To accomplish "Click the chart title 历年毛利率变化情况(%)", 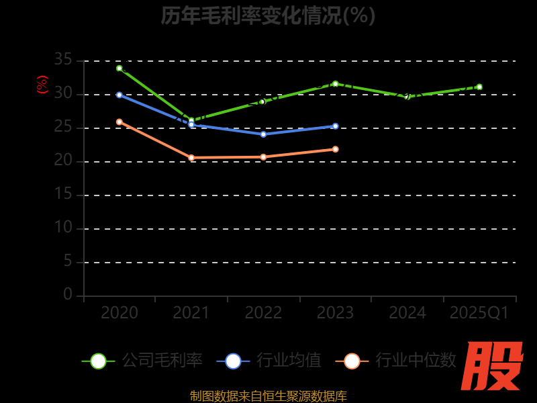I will click(x=268, y=15).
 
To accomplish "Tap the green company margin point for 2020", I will click(x=119, y=68).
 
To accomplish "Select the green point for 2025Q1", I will click(x=479, y=87).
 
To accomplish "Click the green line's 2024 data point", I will click(x=407, y=97).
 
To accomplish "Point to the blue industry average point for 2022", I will click(x=263, y=134).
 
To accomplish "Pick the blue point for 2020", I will click(x=119, y=95).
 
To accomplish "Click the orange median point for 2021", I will click(x=191, y=158).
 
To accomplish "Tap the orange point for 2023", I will click(x=336, y=149).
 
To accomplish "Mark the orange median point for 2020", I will click(x=119, y=122).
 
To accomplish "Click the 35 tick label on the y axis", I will click(x=63, y=60).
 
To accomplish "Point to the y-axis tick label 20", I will click(x=63, y=161).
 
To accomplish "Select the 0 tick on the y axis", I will click(x=68, y=294).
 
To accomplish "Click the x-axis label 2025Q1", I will click(x=479, y=313).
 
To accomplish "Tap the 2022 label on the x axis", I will click(x=263, y=313).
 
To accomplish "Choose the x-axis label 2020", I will click(x=119, y=313).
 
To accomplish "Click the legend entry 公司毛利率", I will click(x=142, y=361).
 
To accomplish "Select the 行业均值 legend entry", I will click(x=269, y=361).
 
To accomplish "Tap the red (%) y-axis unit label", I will click(x=42, y=85).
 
